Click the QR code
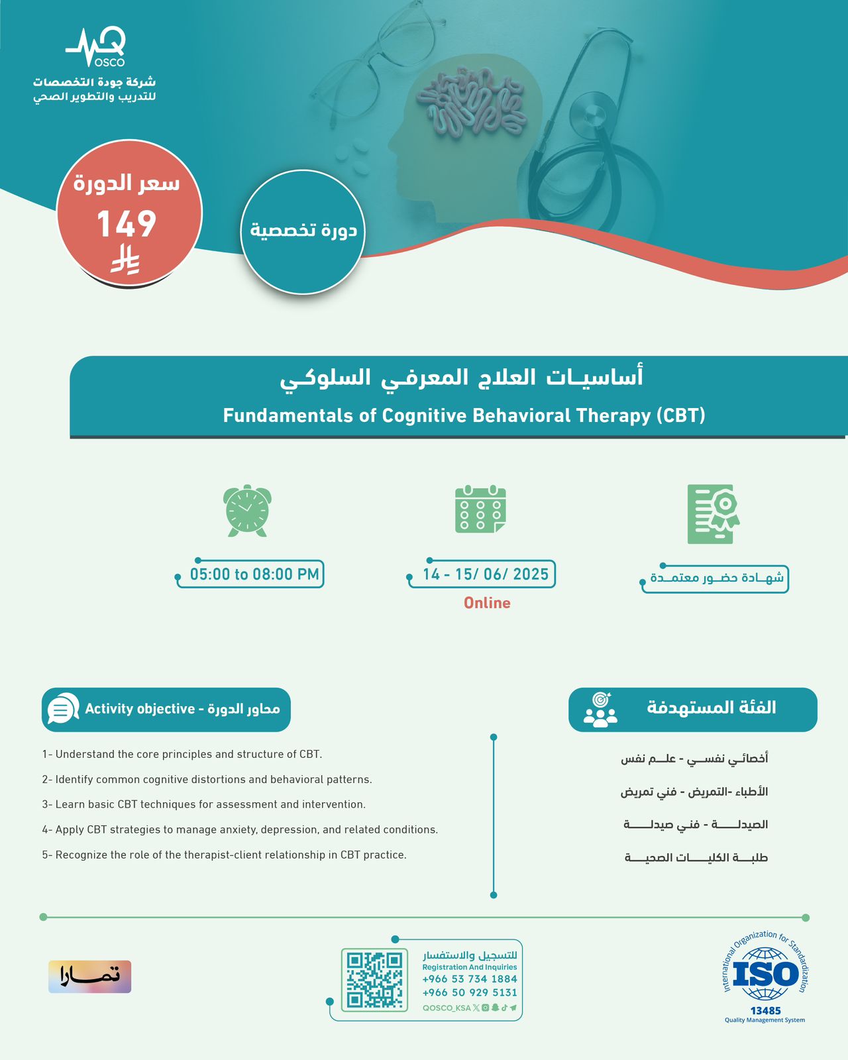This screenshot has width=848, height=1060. (x=374, y=980)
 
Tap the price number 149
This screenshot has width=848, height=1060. (x=127, y=224)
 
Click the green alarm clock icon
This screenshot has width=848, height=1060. (x=247, y=511)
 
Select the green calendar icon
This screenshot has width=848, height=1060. (x=480, y=509)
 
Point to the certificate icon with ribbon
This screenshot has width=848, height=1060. (x=714, y=514)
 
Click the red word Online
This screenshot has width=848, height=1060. (x=487, y=603)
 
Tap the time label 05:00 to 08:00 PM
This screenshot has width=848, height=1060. (x=254, y=574)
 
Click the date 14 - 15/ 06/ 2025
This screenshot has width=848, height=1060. (x=486, y=574)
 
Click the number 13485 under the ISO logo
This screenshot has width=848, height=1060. (x=765, y=1011)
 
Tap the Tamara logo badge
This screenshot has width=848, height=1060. (x=89, y=977)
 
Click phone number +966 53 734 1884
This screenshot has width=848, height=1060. (x=470, y=979)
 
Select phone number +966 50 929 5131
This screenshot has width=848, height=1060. (x=470, y=992)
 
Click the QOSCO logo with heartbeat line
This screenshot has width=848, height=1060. (x=96, y=47)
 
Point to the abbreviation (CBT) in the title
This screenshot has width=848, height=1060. (x=681, y=416)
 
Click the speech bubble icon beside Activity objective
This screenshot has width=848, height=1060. (x=63, y=708)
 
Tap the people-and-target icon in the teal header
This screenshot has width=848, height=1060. (x=600, y=710)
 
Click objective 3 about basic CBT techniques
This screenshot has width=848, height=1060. (x=203, y=804)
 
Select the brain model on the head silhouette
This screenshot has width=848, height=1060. (x=470, y=100)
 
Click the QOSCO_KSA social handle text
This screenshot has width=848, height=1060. (x=447, y=1008)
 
